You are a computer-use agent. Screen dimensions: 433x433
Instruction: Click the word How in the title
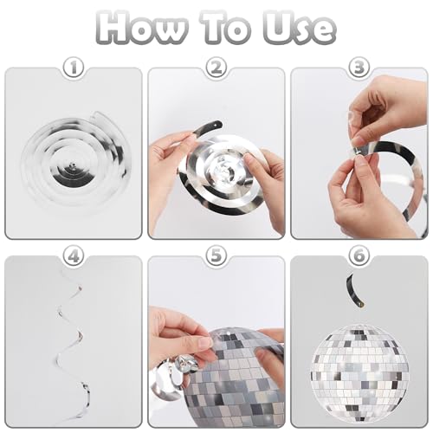coord(141,28)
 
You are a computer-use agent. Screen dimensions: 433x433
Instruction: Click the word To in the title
coord(229,28)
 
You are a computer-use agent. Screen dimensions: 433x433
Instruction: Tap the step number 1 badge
coord(74,68)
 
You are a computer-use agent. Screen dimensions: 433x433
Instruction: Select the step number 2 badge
coord(216,68)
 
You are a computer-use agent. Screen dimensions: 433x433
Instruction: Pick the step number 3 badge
coord(359,68)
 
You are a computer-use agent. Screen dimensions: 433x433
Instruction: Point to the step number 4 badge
coord(74,255)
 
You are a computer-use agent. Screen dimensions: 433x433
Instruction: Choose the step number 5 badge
coord(216,255)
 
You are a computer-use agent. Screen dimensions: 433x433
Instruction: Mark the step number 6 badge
coord(359,255)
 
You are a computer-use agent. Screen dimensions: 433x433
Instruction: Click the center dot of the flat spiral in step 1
coord(72,166)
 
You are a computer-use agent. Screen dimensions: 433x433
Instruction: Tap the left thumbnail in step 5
coord(205,344)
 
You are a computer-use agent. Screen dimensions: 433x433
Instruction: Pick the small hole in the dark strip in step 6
coord(359,303)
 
